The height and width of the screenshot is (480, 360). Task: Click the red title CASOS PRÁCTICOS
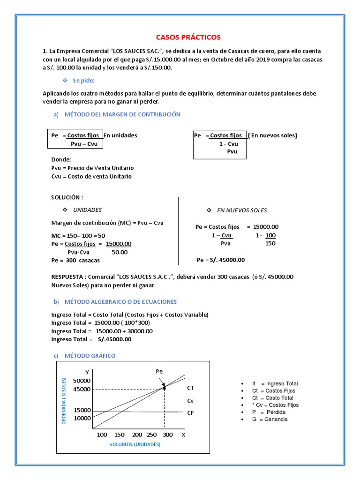click(x=187, y=37)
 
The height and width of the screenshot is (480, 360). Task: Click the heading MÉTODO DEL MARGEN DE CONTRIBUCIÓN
click(x=122, y=114)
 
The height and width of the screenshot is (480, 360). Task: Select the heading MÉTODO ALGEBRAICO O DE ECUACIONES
click(x=120, y=301)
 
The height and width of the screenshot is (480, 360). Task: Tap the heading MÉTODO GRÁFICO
click(x=90, y=356)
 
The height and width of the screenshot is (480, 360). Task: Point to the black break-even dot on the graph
click(x=164, y=387)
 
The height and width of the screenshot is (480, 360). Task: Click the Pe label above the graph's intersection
click(x=159, y=371)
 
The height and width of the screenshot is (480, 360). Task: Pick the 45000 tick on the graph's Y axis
click(x=82, y=389)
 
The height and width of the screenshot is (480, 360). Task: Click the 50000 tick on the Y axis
click(x=82, y=381)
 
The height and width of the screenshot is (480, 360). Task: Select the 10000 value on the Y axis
click(x=82, y=418)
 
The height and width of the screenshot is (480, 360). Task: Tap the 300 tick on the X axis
click(x=167, y=435)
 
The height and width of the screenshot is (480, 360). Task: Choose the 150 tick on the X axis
click(x=120, y=435)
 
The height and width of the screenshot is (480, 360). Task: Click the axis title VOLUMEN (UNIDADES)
click(x=135, y=444)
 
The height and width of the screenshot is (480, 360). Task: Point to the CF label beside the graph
click(x=190, y=413)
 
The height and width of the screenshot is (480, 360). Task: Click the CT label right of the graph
click(x=190, y=388)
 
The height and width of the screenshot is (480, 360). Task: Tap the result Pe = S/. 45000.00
click(x=221, y=260)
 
